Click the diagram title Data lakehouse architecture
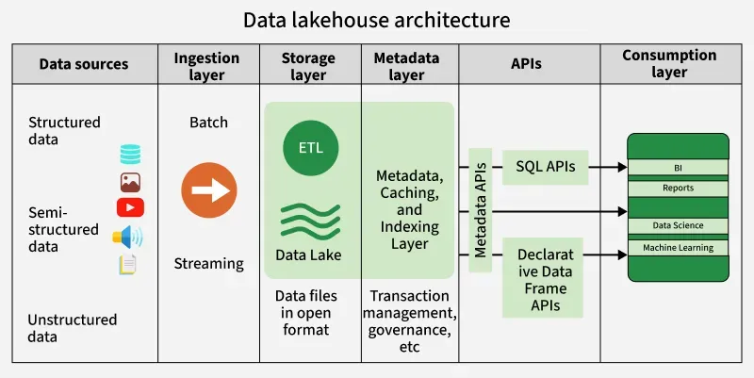click(x=377, y=19)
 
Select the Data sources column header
click(x=83, y=64)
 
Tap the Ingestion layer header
click(x=208, y=64)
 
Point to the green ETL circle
click(x=310, y=149)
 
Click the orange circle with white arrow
click(x=208, y=189)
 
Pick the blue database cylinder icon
click(x=130, y=154)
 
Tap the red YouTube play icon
click(x=130, y=207)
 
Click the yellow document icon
click(x=128, y=265)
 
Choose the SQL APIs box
click(x=546, y=166)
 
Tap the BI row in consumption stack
click(x=678, y=168)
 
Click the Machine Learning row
click(x=678, y=248)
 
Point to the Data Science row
click(x=678, y=225)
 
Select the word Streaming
click(x=208, y=264)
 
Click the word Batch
click(x=208, y=123)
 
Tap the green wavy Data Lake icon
click(x=308, y=219)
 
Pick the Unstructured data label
click(x=73, y=328)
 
